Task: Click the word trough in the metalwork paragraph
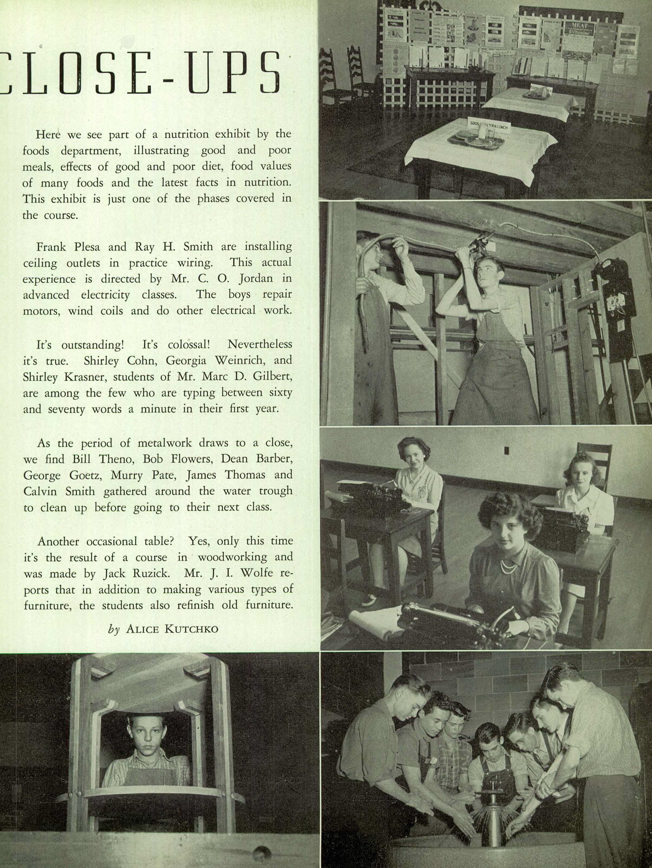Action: pyautogui.click(x=274, y=491)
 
